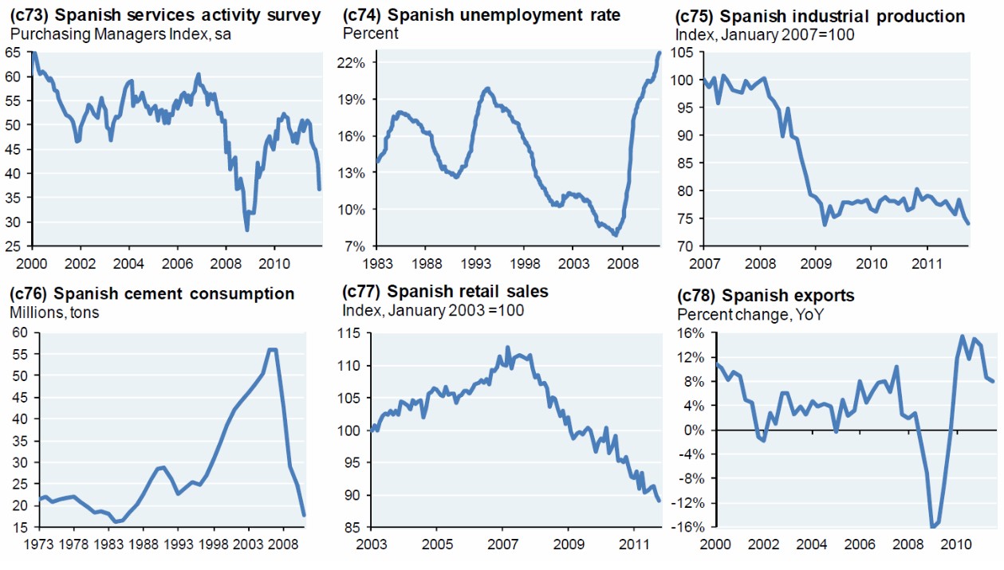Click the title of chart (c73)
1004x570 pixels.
164,15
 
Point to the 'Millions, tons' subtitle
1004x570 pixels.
54,313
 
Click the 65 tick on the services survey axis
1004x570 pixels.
13,52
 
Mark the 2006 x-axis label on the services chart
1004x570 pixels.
177,263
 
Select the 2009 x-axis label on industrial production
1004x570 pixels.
816,263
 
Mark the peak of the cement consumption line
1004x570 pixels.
272,349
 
